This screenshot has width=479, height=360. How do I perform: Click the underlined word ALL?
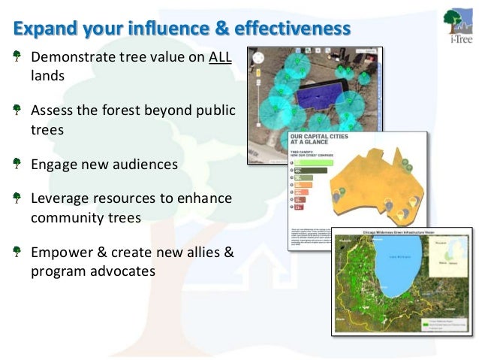coord(220,59)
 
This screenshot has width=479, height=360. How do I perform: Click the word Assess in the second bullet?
coord(51,111)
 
